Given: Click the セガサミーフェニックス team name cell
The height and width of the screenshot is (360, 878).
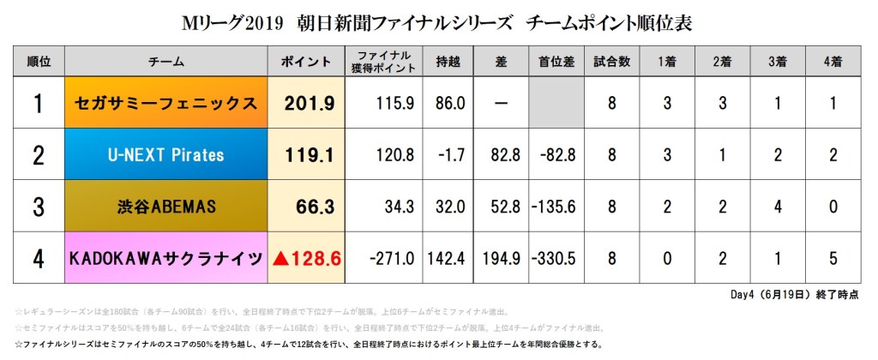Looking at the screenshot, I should (166, 104).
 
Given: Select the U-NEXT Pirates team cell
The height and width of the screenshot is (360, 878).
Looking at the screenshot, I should (166, 155).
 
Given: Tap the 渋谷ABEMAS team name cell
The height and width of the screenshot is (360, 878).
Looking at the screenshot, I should (166, 207).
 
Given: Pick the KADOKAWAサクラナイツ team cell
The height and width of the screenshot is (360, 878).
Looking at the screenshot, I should (166, 258).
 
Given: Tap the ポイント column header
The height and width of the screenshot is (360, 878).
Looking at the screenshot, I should (306, 62).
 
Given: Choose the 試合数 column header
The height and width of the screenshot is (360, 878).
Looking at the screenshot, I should (613, 62).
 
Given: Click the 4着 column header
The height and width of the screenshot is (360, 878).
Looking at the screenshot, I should (831, 62).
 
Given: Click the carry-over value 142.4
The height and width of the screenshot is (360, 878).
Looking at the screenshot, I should (448, 258).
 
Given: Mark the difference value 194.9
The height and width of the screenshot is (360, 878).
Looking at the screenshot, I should (501, 258).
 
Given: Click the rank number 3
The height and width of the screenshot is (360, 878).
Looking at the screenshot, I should (38, 207).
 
